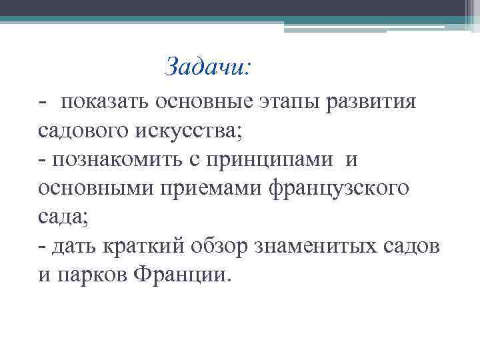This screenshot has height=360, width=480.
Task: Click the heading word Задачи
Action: pos(207,66)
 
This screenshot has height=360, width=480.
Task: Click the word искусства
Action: pos(188,131)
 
